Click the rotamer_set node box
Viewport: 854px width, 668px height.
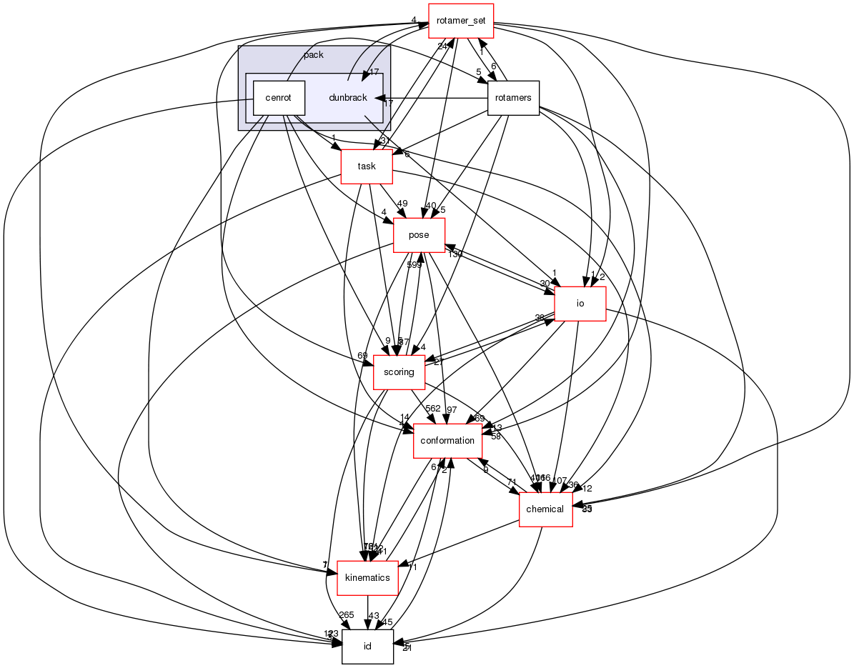(x=461, y=21)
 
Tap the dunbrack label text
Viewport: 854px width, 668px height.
(x=348, y=98)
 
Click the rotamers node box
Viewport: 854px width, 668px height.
(x=512, y=98)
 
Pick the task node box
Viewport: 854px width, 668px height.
(x=367, y=166)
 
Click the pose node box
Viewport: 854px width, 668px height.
(x=419, y=235)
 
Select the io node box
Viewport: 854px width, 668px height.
(x=580, y=304)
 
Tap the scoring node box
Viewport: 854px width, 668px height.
(x=399, y=372)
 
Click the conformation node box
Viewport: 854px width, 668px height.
(x=447, y=441)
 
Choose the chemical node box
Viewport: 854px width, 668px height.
(x=545, y=509)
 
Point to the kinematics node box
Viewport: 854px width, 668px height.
(x=367, y=578)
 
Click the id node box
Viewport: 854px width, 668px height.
(x=367, y=647)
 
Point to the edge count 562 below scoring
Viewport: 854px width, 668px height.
(x=433, y=408)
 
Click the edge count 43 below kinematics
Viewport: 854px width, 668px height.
(x=373, y=615)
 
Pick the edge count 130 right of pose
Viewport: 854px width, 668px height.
(x=455, y=254)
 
